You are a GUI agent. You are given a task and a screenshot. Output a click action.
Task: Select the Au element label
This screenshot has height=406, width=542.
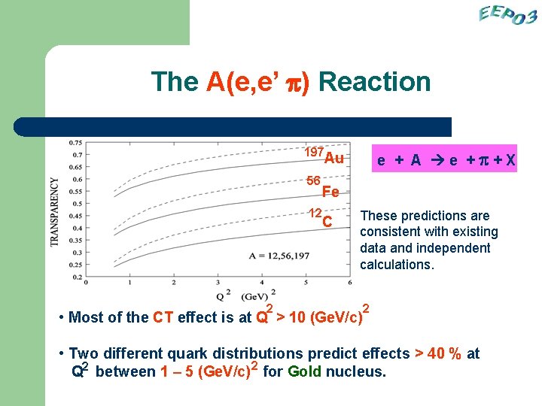pos(333,158)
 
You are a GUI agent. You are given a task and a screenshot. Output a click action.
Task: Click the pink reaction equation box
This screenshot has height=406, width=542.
pos(446,159)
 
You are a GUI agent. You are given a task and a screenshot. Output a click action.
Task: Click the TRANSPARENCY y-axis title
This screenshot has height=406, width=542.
pos(55,212)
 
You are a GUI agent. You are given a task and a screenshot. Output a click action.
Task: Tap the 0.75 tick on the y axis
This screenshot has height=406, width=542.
pos(75,142)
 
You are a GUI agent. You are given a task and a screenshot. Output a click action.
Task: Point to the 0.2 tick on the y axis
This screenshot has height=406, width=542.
pos(78,277)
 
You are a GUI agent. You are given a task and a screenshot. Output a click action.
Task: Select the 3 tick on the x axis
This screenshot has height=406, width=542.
pos(218,283)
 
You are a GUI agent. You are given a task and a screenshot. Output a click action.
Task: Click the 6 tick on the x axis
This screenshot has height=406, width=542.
pos(350,283)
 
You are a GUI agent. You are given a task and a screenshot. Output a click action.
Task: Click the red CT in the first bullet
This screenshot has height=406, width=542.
pos(164,317)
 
